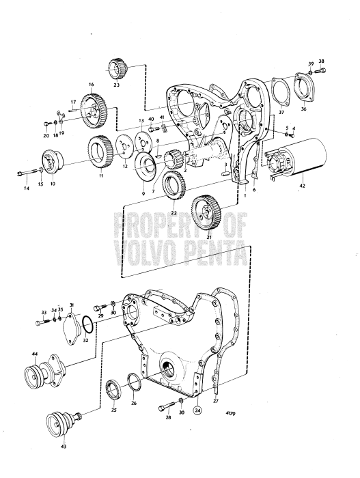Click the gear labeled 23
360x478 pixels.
coord(115,70)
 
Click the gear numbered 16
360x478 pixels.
coord(90,107)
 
